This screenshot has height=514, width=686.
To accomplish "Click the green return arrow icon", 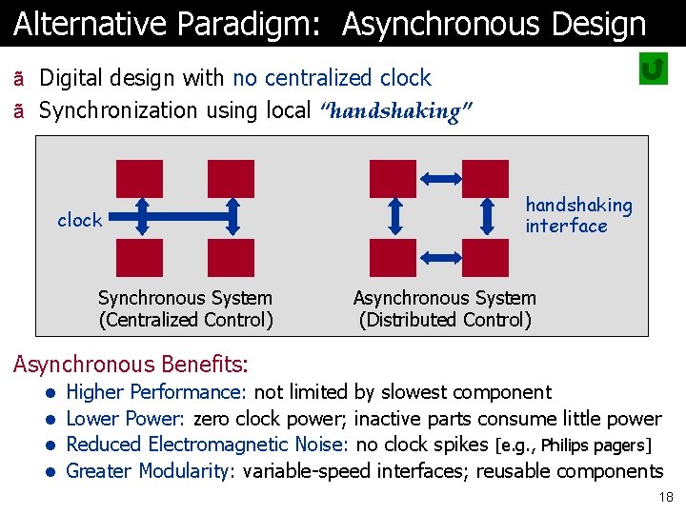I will [x=653, y=69].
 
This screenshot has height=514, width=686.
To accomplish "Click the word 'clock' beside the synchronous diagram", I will [x=79, y=220].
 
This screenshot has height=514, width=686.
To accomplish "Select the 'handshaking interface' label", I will [x=578, y=215].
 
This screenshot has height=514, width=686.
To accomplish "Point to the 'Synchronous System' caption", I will [x=185, y=298].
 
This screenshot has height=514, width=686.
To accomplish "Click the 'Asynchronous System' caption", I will [x=445, y=298].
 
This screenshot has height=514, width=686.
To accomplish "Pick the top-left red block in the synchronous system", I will [x=139, y=178].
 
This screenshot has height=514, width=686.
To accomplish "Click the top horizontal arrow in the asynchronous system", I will [x=440, y=178].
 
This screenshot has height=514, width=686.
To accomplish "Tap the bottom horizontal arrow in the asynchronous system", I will [x=440, y=256].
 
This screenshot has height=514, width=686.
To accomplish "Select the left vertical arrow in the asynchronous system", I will [x=396, y=216].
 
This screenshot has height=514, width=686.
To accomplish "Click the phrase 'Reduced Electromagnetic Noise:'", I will [x=208, y=445].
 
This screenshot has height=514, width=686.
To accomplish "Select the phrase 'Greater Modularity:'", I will [x=151, y=471].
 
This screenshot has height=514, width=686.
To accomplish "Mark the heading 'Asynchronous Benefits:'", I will [x=130, y=364].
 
